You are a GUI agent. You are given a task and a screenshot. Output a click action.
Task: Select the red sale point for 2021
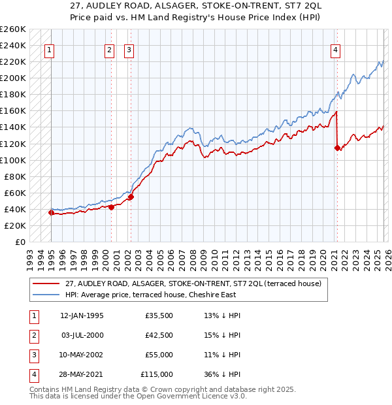pos(337,148)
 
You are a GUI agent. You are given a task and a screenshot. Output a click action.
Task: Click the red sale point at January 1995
pos(51,212)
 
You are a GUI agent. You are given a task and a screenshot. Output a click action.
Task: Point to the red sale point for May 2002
pos(131,197)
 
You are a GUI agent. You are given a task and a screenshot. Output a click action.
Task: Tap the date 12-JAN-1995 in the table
pos(82,316)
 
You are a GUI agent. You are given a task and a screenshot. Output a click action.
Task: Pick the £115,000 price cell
pos(157,374)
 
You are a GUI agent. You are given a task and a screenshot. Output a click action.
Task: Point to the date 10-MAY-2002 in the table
pos(82,355)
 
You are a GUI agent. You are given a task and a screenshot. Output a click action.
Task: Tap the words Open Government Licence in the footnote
pos(193,397)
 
